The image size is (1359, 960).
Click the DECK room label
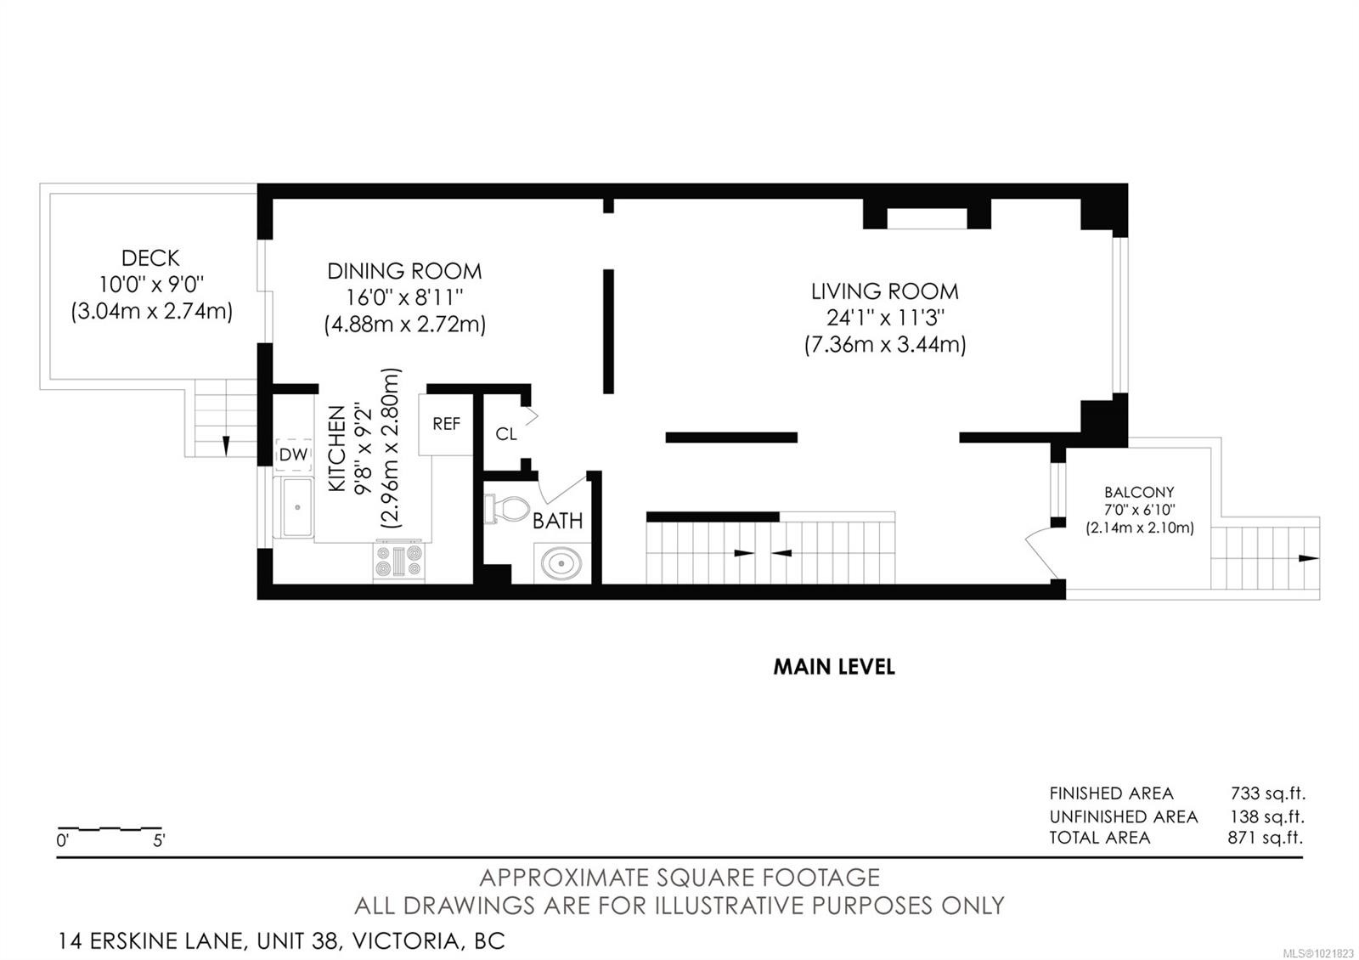[150, 258]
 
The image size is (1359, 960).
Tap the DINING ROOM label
[404, 271]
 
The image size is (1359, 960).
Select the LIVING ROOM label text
[884, 291]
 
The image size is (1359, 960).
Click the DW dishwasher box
[294, 455]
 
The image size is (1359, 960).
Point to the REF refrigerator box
[446, 423]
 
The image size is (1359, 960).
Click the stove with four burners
[398, 562]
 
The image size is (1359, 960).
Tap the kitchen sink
[297, 507]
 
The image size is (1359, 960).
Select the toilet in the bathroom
[506, 509]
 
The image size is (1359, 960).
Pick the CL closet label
[506, 434]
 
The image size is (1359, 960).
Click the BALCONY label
[1139, 492]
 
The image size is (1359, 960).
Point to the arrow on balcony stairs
[1308, 558]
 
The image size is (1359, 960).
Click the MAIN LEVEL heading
[833, 667]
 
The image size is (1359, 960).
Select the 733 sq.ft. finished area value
[1267, 793]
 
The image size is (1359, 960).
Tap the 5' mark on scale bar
[159, 841]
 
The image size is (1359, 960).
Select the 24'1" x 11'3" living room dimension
[884, 318]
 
